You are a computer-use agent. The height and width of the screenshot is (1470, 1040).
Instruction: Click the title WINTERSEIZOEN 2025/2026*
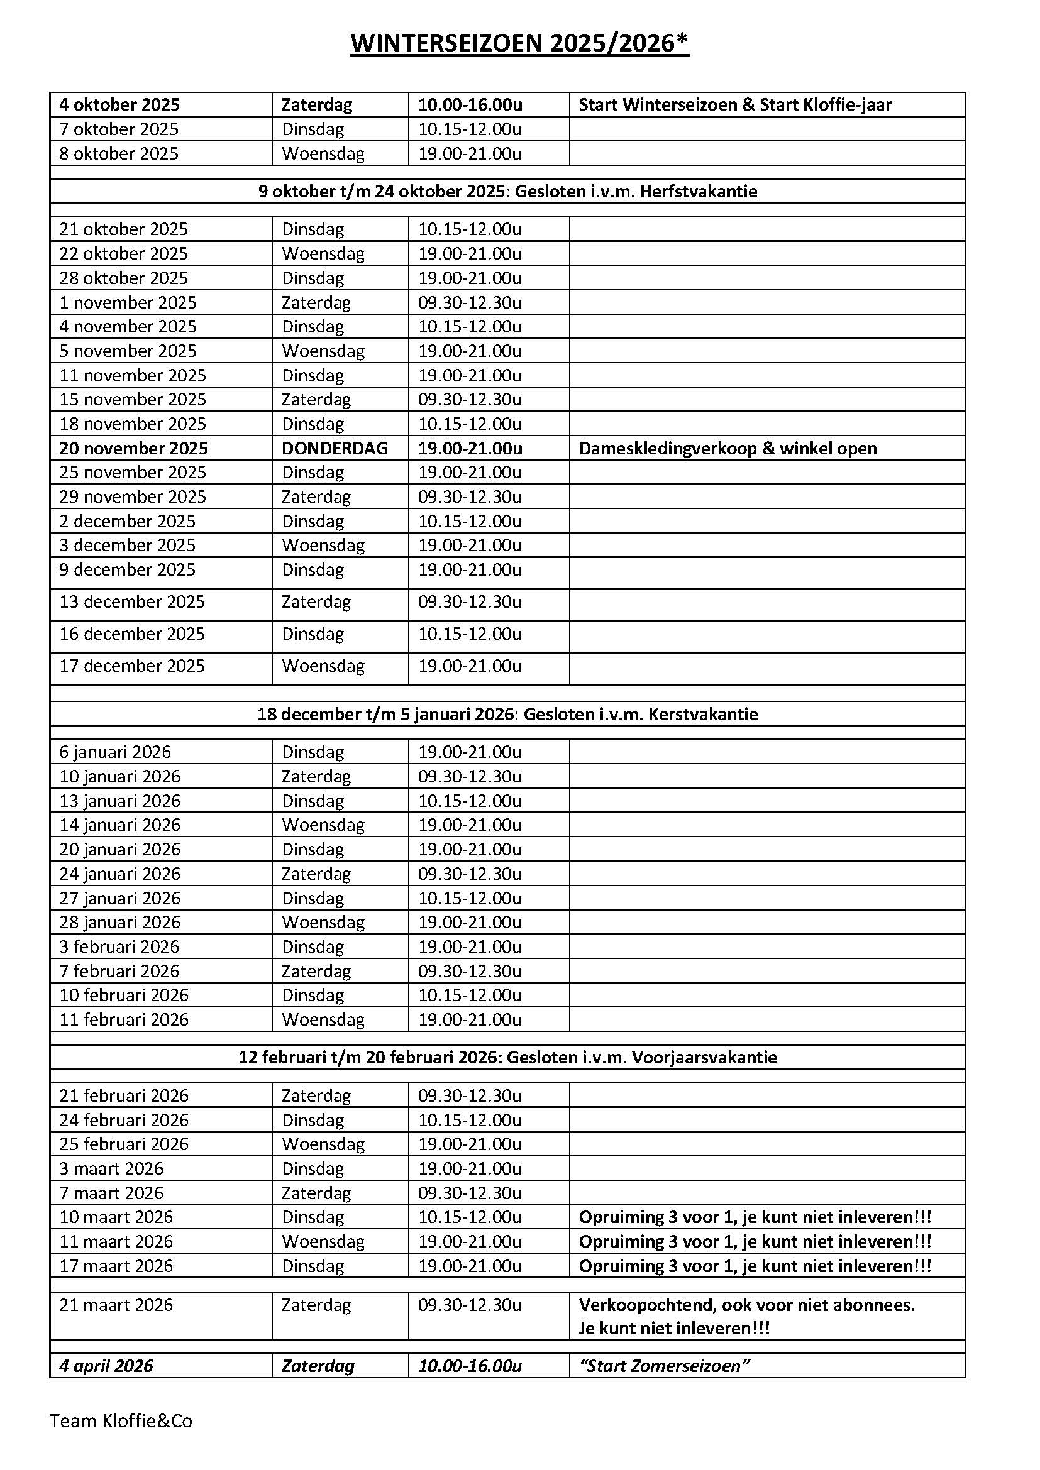tap(519, 43)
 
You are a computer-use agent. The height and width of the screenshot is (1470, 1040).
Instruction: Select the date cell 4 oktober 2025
tap(119, 104)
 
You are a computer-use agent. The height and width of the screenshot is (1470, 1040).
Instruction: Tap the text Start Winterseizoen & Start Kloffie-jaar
tap(734, 104)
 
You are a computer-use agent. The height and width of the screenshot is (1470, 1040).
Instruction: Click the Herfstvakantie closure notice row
tap(507, 191)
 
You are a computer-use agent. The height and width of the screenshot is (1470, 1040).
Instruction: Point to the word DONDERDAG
tap(335, 448)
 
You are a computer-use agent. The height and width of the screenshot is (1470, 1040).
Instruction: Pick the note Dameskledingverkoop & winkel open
tap(727, 448)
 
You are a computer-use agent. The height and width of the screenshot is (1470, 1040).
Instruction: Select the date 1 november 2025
tap(128, 302)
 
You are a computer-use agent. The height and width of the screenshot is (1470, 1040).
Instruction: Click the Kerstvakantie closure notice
tap(507, 714)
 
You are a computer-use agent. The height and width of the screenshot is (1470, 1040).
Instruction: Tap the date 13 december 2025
tap(132, 602)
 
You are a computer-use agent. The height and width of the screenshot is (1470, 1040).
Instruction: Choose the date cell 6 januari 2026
tap(115, 752)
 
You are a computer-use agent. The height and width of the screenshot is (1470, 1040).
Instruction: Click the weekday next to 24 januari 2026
tap(316, 874)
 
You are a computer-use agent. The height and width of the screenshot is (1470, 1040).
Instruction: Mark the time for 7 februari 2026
tap(470, 971)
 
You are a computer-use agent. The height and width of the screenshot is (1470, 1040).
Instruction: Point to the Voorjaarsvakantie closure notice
tap(507, 1057)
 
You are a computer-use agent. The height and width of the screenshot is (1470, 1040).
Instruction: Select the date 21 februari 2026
tap(124, 1095)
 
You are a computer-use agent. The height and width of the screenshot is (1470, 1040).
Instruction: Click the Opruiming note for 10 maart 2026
tap(755, 1217)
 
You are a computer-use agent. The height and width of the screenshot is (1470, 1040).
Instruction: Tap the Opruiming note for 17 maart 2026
tap(755, 1266)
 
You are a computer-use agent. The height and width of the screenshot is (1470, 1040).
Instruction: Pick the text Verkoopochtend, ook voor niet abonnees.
tap(747, 1305)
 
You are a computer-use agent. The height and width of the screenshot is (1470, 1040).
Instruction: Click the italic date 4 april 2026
tap(106, 1366)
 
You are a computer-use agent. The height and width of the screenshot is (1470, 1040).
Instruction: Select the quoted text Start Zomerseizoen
tap(664, 1366)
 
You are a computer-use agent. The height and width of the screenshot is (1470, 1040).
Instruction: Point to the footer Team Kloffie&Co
tap(121, 1422)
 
